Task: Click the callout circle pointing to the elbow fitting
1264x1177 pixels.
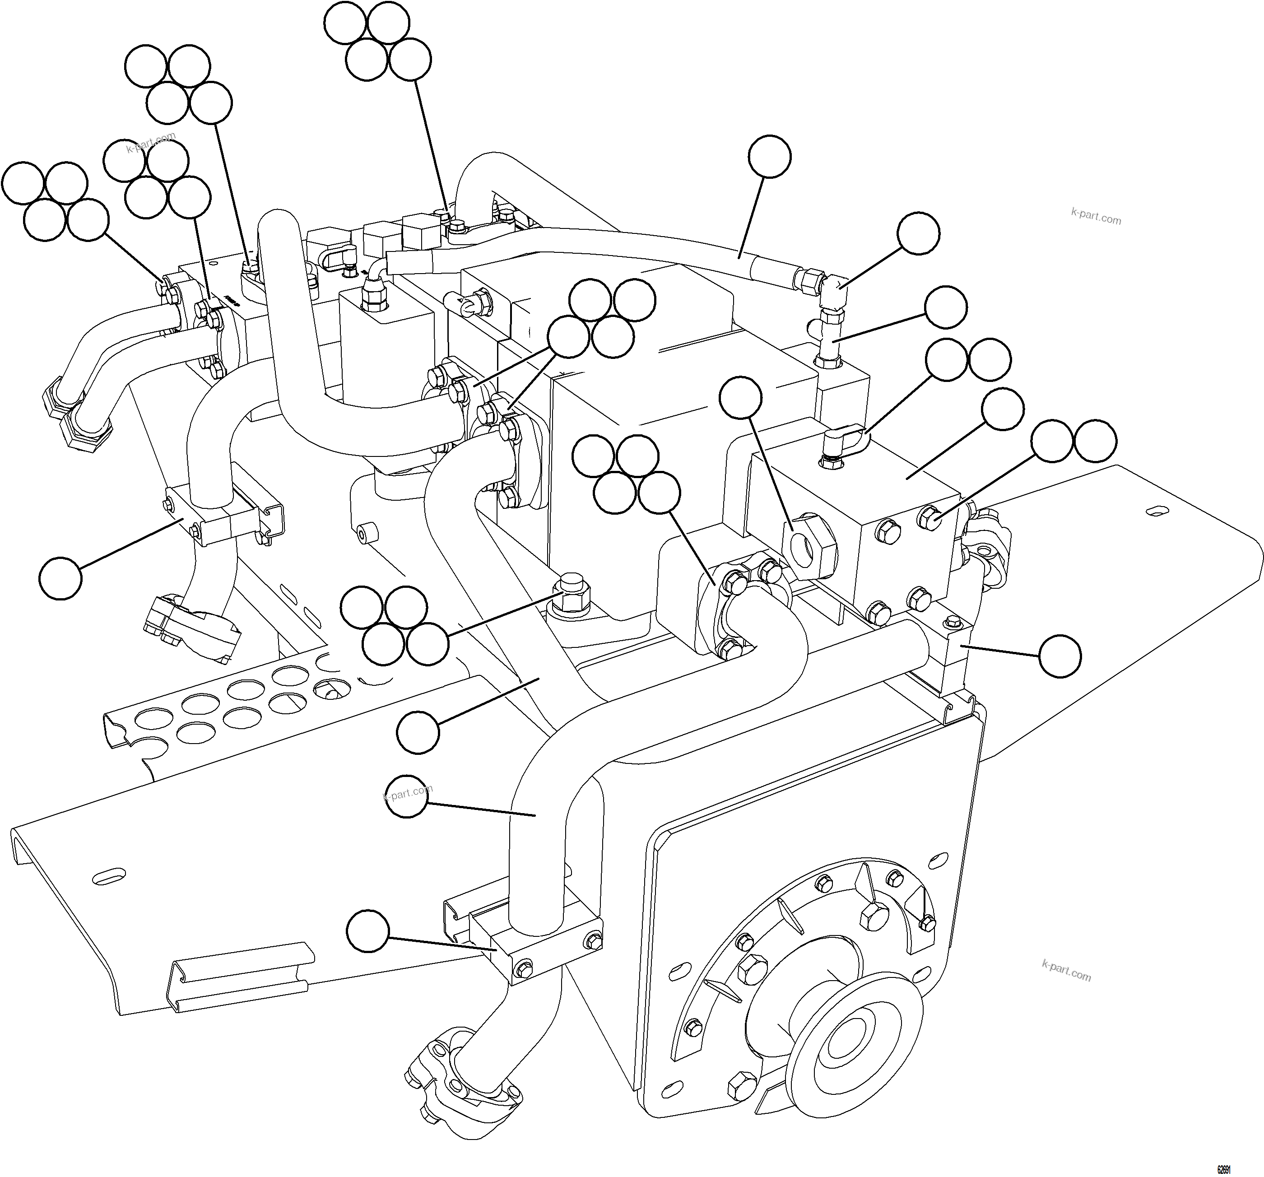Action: pyautogui.click(x=918, y=233)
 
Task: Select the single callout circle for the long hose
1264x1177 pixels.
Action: pyautogui.click(x=769, y=156)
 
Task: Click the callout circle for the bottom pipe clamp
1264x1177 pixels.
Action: pyautogui.click(x=367, y=931)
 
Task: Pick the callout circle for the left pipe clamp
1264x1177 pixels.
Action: pyautogui.click(x=60, y=578)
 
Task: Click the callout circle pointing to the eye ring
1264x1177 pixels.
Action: pyautogui.click(x=740, y=397)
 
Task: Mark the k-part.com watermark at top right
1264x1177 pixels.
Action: pyautogui.click(x=1096, y=216)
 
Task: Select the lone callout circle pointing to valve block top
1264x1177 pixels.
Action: pyautogui.click(x=1003, y=409)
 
